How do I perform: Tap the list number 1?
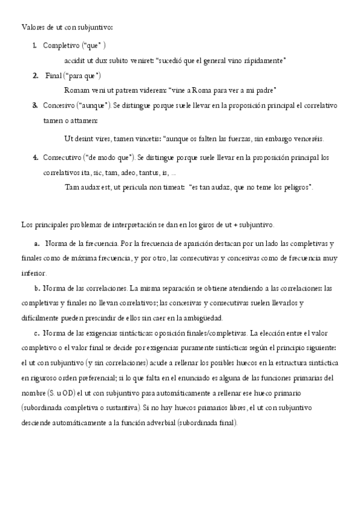click(x=35, y=46)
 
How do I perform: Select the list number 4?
click(x=35, y=158)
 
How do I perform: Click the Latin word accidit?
click(x=75, y=61)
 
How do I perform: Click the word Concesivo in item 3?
click(x=59, y=105)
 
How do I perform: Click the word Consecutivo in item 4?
click(x=63, y=158)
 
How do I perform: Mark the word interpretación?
click(x=136, y=225)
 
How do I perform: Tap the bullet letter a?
click(x=37, y=244)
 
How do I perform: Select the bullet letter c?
click(x=37, y=333)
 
